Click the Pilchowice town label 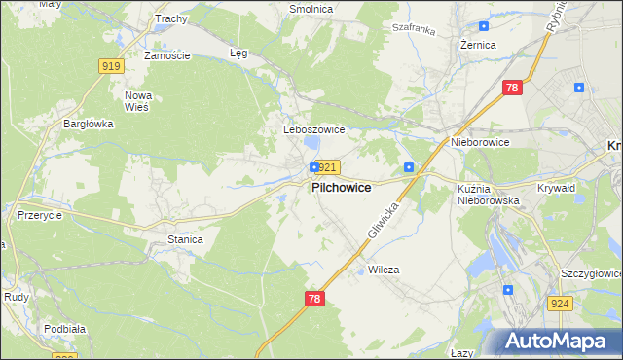click(x=340, y=188)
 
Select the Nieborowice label click(x=480, y=142)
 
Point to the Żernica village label click(x=478, y=46)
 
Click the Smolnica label click(x=311, y=9)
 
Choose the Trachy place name click(x=170, y=18)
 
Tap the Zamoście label click(x=166, y=55)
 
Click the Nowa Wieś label click(x=137, y=101)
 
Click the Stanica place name click(x=185, y=238)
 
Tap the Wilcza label click(x=384, y=270)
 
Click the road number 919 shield click(x=111, y=66)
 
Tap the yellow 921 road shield click(x=327, y=167)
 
